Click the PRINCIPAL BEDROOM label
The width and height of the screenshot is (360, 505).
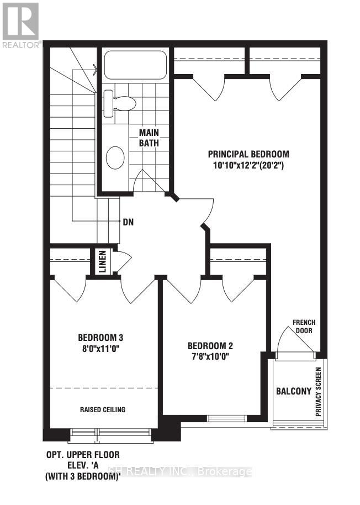tap(248, 154)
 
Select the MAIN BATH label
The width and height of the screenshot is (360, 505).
tap(149, 138)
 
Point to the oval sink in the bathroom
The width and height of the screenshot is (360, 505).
tap(115, 157)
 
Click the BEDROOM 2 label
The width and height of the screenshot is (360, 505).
tap(210, 346)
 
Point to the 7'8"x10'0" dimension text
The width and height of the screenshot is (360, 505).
tap(210, 356)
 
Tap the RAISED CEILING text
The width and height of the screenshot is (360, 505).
tap(102, 409)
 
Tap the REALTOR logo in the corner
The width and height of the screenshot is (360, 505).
tap(20, 25)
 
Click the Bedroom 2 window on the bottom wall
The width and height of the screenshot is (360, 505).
tap(224, 417)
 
